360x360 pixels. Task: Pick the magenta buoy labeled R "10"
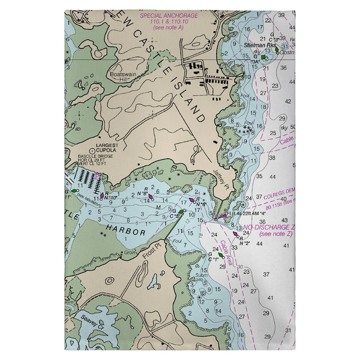click(102, 195)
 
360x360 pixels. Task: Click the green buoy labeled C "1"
click(220, 256)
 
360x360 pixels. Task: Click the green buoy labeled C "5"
click(181, 211)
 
